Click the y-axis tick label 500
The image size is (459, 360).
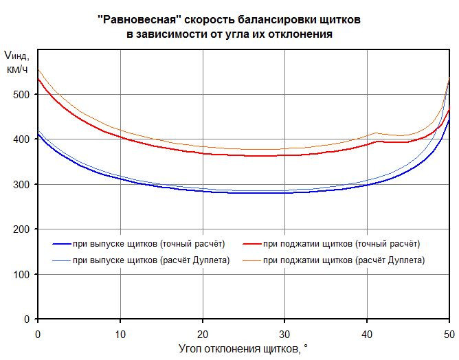click(23, 94)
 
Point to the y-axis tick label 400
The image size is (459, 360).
click(23, 139)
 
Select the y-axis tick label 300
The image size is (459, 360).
click(23, 184)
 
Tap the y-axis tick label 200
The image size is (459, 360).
click(23, 229)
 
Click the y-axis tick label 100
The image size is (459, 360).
click(23, 274)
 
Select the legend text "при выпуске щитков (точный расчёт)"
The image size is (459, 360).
click(148, 244)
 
